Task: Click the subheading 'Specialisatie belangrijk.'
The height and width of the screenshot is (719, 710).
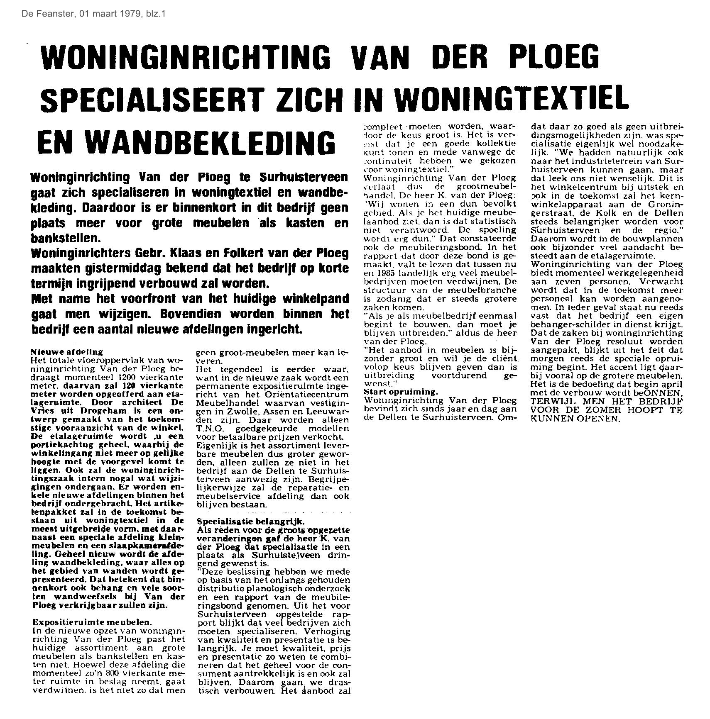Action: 250,522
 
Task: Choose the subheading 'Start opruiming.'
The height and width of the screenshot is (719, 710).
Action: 400,392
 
